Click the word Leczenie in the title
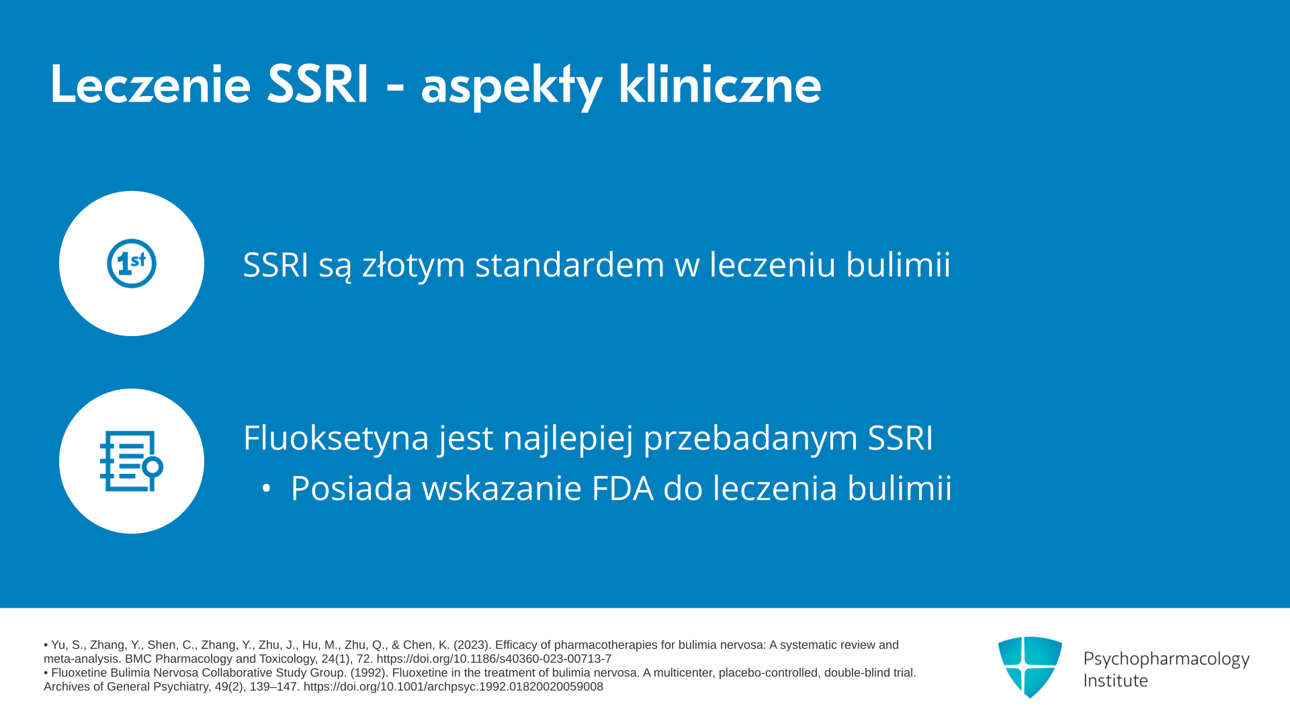[150, 85]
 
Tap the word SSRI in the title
[318, 85]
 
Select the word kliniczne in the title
[720, 85]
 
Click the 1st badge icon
[132, 264]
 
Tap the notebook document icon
[132, 461]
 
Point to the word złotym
[414, 264]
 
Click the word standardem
[570, 264]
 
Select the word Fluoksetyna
[336, 438]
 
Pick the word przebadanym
[750, 438]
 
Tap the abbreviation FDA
[622, 488]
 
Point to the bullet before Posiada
[266, 489]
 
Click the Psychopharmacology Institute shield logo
[1030, 667]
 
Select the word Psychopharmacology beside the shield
[1166, 659]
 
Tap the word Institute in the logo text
[1115, 680]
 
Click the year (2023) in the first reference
[472, 645]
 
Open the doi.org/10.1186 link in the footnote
[494, 659]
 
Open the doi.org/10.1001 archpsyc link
[454, 687]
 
